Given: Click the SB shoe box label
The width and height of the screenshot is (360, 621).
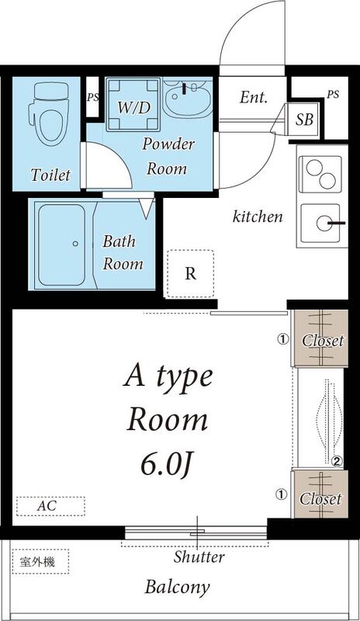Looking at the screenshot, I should (305, 120).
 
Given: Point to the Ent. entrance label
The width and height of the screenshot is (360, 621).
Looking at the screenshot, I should (254, 98).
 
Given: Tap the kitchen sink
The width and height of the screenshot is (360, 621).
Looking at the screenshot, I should (325, 225).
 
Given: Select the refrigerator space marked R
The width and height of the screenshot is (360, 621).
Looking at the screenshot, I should (190, 273).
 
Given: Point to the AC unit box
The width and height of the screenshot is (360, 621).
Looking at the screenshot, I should (48, 506).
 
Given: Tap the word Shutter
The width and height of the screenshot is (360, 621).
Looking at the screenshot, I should (199, 557).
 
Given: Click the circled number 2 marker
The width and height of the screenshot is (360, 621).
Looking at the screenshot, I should (337, 460).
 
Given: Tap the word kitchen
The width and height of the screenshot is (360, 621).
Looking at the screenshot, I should (258, 217).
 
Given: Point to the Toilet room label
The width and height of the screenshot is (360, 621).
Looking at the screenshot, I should (50, 175).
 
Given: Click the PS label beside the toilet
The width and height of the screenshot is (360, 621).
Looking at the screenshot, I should (93, 98).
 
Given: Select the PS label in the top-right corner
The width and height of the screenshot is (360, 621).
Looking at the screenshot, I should (333, 95).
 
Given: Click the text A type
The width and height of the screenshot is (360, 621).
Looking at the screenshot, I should (168, 377).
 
